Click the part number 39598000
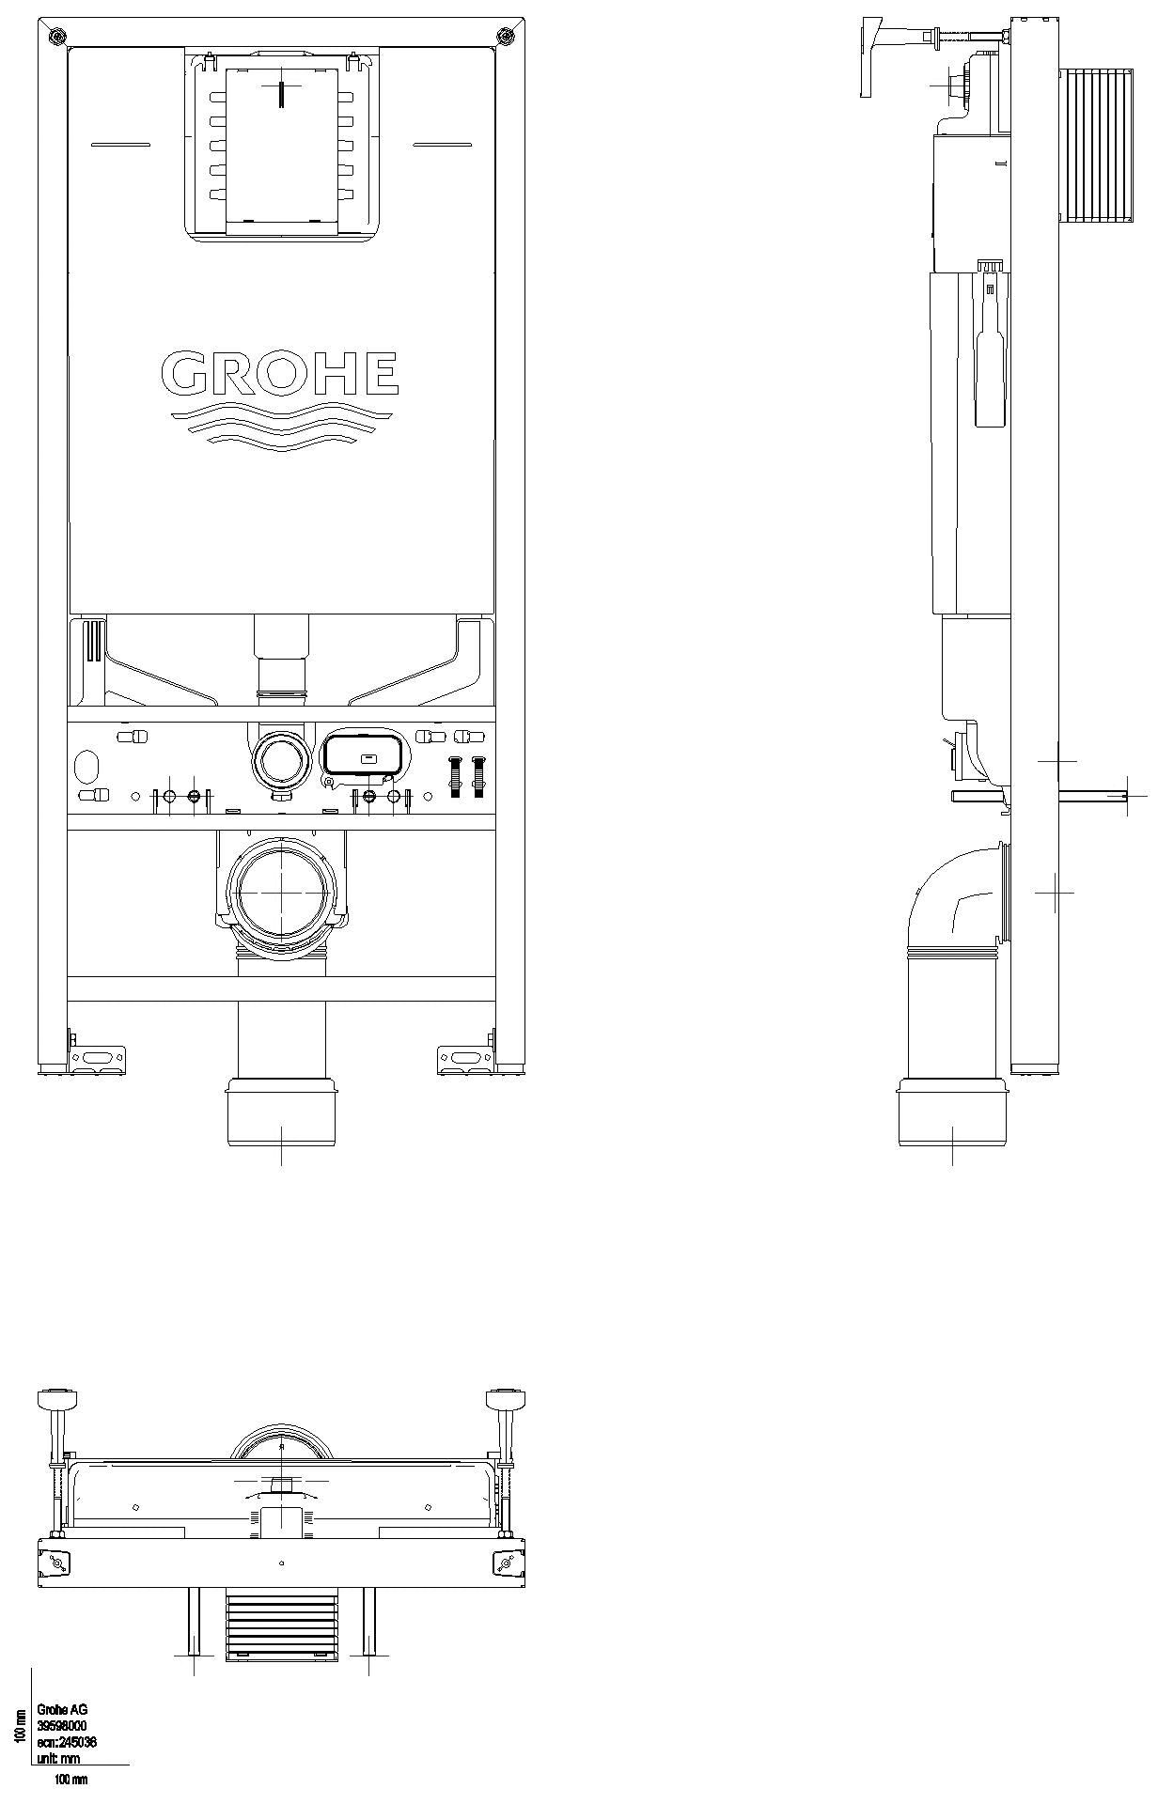(x=62, y=1726)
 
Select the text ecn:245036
(x=67, y=1742)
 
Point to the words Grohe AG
(x=62, y=1710)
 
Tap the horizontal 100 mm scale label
(x=70, y=1780)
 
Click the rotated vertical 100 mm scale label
(x=19, y=1725)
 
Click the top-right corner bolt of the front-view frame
(x=506, y=37)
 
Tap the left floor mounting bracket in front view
(x=97, y=1059)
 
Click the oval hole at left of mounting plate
(x=86, y=765)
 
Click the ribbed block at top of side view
(x=1097, y=148)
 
